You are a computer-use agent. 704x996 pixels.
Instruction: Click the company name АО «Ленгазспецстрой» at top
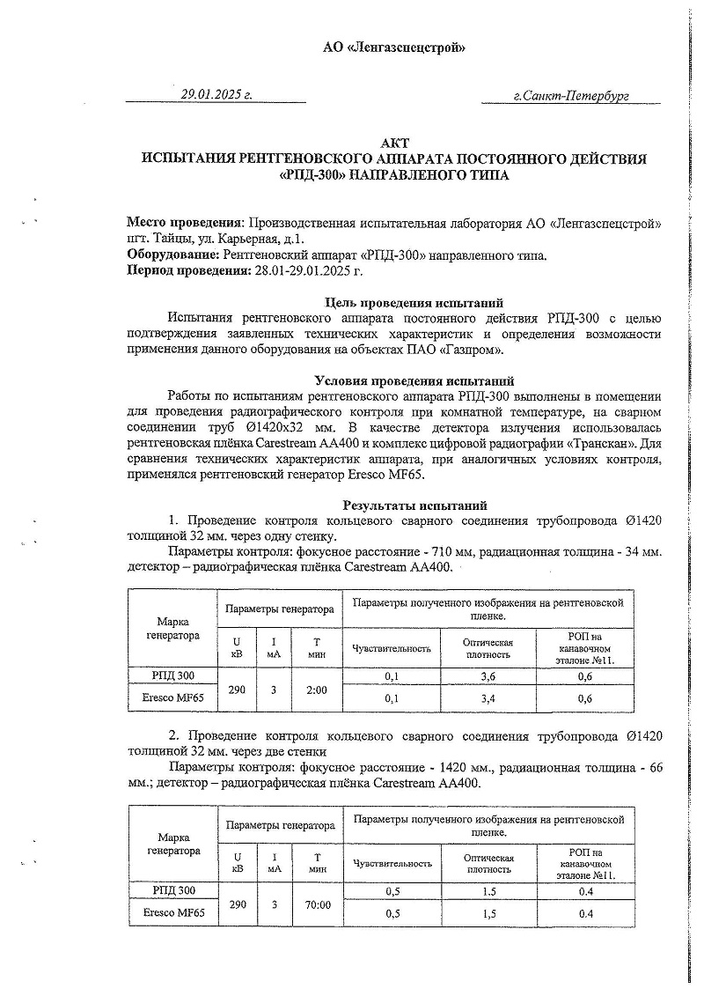395,48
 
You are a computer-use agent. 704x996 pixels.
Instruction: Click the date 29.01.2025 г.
216,94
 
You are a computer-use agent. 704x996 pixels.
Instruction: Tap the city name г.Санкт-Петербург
570,95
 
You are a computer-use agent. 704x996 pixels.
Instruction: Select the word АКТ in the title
395,144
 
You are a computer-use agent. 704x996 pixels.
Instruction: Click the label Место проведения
185,224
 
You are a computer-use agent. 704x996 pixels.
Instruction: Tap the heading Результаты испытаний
414,505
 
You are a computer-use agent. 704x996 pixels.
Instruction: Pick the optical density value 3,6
488,676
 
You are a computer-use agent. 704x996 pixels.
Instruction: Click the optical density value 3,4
488,698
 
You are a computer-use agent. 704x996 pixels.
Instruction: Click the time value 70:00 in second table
317,904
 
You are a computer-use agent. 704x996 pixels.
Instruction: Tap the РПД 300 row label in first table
172,676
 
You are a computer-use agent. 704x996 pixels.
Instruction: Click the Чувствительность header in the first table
391,649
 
